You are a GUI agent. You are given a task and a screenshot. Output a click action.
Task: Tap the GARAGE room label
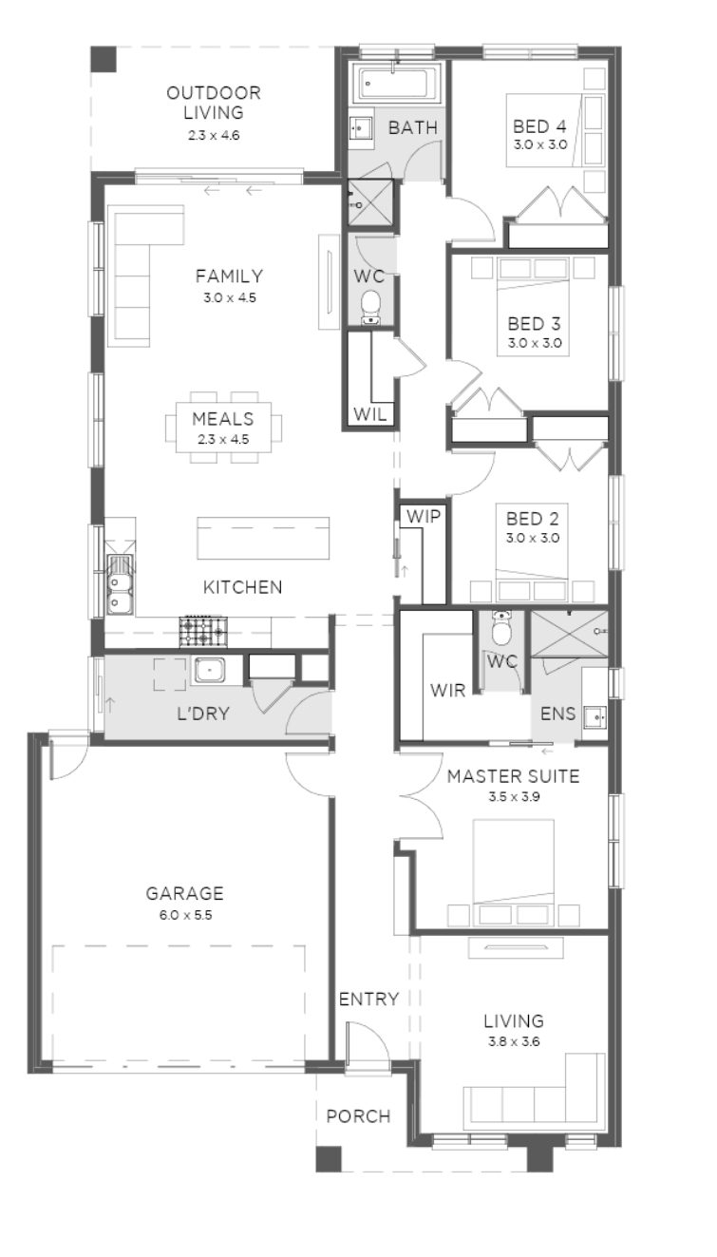(184, 893)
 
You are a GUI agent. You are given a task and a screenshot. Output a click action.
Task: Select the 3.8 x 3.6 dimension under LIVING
(514, 1041)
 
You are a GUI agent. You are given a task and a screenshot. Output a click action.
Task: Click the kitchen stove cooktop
(203, 632)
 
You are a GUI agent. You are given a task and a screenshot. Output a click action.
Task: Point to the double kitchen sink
(120, 584)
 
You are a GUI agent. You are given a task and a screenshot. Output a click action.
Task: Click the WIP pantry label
(423, 516)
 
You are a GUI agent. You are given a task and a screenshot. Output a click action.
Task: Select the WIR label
(447, 691)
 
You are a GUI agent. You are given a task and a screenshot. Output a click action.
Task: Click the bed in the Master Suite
(514, 871)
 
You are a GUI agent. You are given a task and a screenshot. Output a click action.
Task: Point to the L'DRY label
(203, 714)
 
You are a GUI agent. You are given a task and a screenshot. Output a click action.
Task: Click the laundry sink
(209, 671)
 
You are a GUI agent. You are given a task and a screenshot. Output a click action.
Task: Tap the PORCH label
(358, 1116)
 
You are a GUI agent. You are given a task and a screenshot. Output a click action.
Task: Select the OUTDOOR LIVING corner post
(104, 59)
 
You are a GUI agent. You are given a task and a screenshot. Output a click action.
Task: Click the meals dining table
(223, 428)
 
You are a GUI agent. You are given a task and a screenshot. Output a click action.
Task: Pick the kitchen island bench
(263, 538)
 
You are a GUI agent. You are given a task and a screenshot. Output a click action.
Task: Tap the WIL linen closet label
(369, 414)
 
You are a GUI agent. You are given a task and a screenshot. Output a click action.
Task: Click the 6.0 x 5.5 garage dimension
(186, 915)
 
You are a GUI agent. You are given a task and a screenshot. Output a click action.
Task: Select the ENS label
(557, 714)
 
